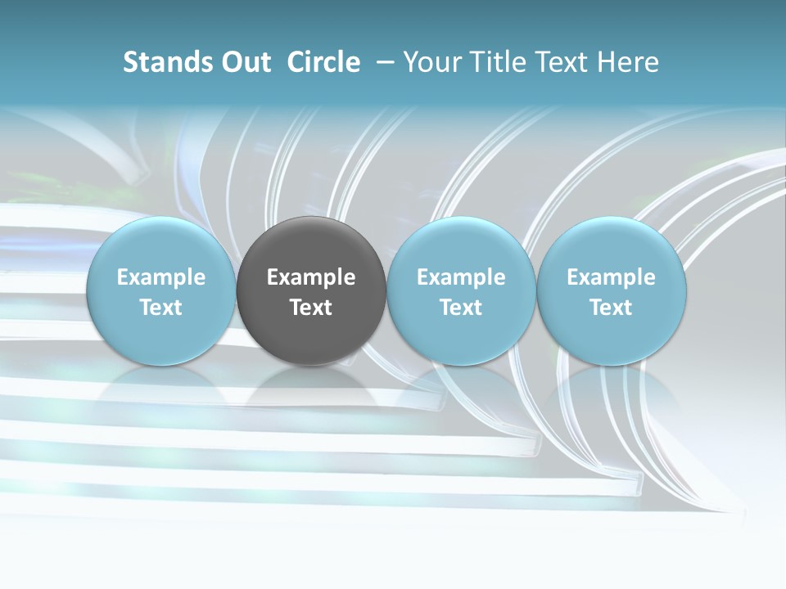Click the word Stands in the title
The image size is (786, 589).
point(166,62)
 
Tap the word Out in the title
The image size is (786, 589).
point(244,62)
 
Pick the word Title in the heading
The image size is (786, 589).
point(499,62)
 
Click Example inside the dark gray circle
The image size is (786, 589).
point(311,277)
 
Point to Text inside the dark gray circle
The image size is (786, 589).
point(311,308)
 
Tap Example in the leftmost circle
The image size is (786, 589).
point(161,277)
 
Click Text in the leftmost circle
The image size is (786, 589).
point(161,308)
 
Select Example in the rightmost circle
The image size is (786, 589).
point(612,277)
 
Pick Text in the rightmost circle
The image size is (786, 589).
point(612,308)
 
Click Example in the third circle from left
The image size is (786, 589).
point(461,277)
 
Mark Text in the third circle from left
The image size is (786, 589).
point(461,308)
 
